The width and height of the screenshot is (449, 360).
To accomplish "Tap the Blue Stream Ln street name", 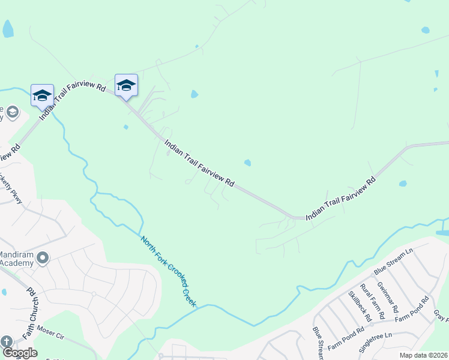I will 393,263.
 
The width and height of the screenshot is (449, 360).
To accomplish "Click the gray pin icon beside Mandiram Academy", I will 42,258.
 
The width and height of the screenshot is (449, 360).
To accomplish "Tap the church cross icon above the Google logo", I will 7,342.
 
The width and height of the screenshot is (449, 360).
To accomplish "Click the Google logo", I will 20,353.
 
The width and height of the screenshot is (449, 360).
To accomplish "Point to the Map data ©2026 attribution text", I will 423,355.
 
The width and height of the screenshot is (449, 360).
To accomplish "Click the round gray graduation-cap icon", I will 12,112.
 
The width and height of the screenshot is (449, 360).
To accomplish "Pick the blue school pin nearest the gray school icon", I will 43,95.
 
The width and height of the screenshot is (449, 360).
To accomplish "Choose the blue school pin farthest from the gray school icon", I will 126,85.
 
